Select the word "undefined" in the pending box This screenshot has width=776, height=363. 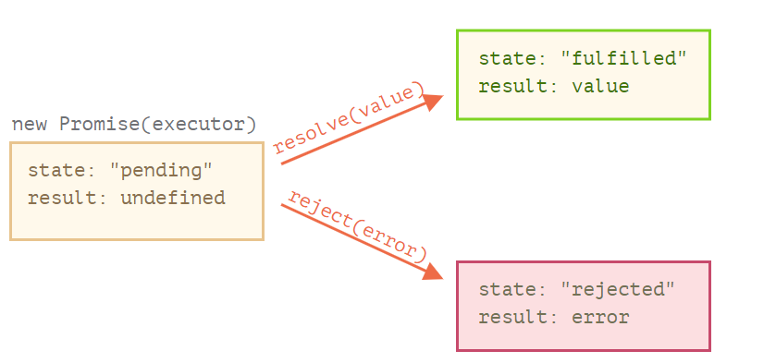(x=173, y=198)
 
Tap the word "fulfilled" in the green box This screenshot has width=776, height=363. (x=624, y=58)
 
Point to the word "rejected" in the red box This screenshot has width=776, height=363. (x=619, y=289)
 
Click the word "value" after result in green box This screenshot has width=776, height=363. (x=600, y=87)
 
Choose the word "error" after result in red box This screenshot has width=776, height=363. (x=600, y=318)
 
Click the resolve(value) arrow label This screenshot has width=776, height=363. (x=350, y=118)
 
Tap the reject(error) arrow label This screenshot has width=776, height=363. (x=357, y=225)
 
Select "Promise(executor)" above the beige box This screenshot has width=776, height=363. (x=158, y=124)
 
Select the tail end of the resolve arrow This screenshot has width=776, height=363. (x=283, y=163)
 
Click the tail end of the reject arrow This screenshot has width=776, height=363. (x=283, y=204)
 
